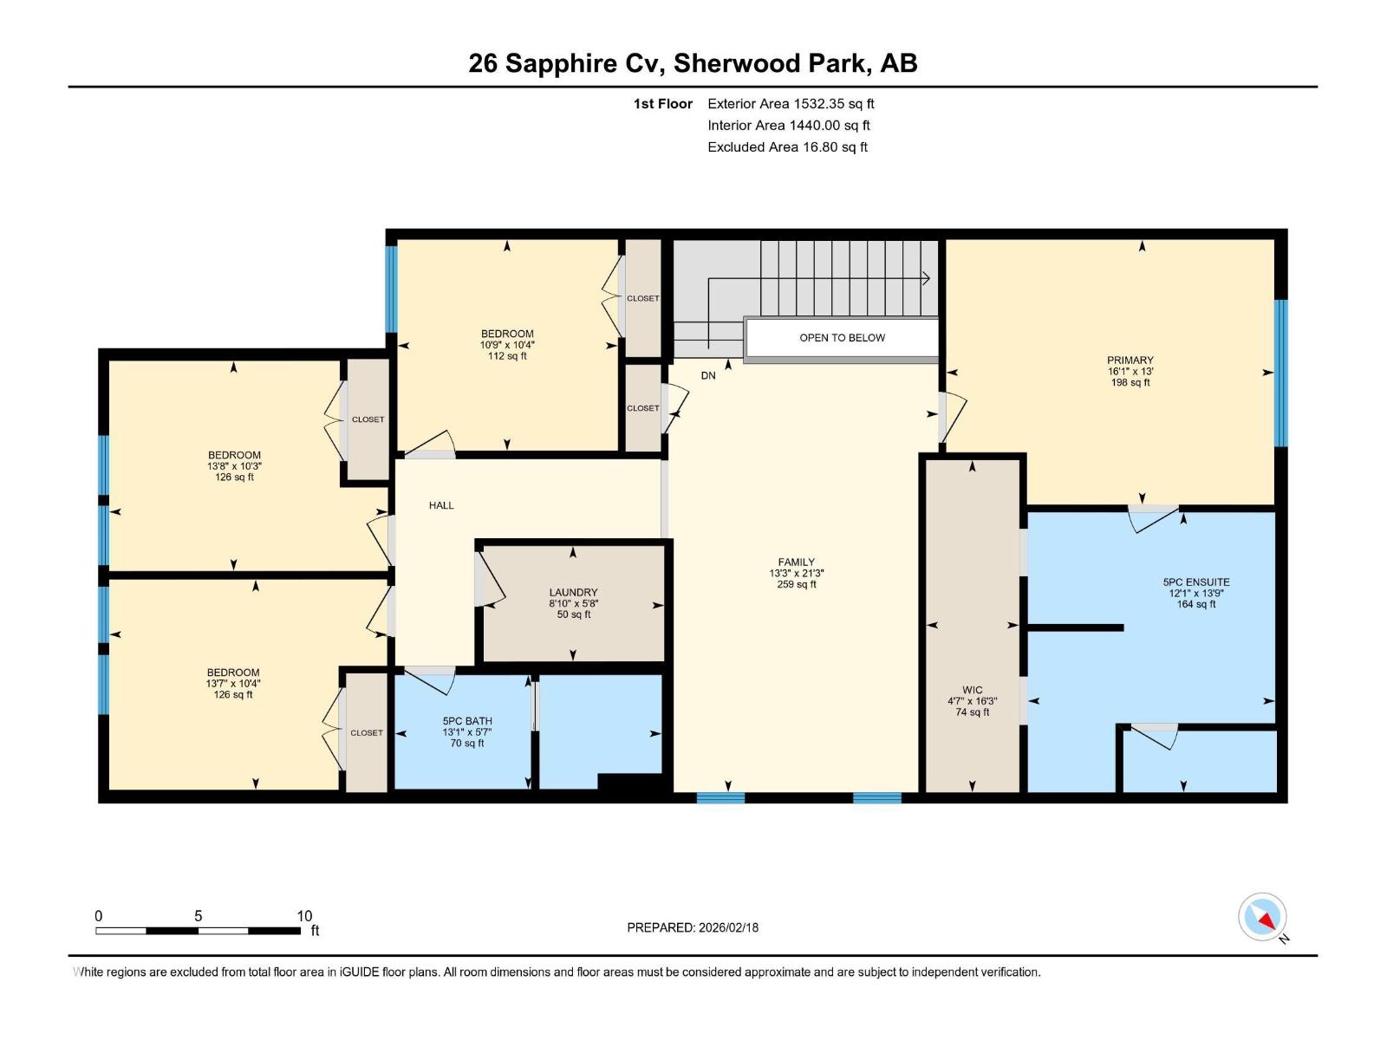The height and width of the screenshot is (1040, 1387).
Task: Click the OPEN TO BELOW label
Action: [842, 338]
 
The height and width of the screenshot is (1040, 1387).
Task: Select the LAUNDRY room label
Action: [573, 593]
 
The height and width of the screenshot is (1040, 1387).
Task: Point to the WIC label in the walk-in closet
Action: [972, 691]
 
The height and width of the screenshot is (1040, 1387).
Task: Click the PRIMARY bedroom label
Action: [1130, 361]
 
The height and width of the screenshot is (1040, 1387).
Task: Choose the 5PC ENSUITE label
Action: [1195, 582]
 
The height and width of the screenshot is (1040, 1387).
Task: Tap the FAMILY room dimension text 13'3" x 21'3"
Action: [796, 573]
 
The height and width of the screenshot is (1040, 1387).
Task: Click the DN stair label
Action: [708, 375]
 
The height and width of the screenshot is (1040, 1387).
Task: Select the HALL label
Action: [441, 505]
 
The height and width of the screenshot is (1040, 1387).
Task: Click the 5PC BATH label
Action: [467, 721]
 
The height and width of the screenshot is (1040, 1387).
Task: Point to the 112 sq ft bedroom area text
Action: [507, 356]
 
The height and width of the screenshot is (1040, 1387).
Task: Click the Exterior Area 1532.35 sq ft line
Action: [791, 104]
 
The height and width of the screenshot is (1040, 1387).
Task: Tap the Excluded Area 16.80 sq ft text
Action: [787, 147]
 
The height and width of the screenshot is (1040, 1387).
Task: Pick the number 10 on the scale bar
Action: [304, 916]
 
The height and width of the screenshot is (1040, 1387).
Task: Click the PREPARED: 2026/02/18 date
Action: [693, 927]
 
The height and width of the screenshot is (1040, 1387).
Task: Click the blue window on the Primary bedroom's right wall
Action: [1280, 373]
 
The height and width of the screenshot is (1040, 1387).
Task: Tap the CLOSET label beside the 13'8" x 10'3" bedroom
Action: [368, 419]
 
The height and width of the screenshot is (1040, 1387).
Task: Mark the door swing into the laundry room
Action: [490, 579]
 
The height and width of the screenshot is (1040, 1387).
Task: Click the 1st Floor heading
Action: [663, 104]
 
